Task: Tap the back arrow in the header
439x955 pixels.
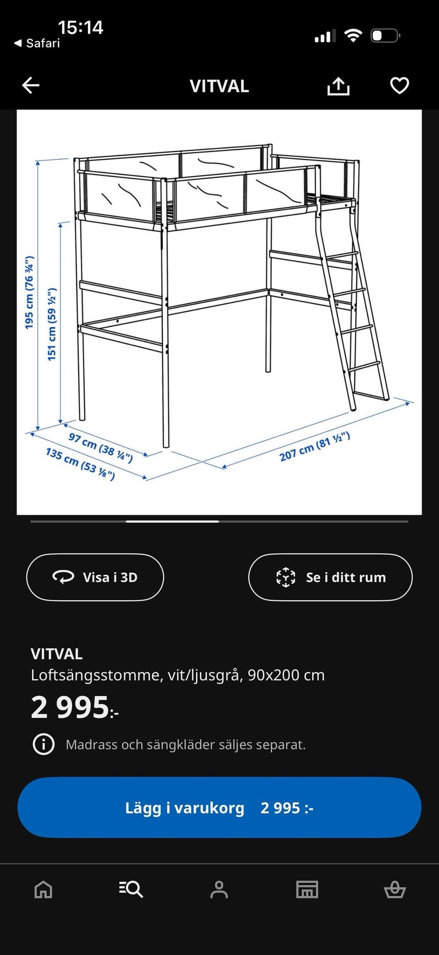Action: tap(31, 86)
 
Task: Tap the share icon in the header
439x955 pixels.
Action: tap(338, 86)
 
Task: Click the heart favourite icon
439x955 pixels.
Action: tap(399, 86)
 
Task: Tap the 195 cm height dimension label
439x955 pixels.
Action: tap(29, 292)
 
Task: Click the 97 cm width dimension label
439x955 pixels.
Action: tap(101, 447)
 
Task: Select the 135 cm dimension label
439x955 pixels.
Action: tap(80, 463)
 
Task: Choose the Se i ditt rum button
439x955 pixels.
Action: tap(330, 577)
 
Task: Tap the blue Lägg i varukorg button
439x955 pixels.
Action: tap(219, 808)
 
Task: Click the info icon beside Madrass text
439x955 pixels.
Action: tap(43, 745)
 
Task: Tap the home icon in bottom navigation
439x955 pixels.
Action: tap(43, 890)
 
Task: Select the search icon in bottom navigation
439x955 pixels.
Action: tap(131, 890)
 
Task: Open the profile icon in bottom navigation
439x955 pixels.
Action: tap(219, 890)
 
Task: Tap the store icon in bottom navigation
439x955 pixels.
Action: tap(307, 890)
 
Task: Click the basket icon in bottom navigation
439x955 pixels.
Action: tap(395, 890)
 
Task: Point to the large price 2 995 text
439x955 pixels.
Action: tap(71, 707)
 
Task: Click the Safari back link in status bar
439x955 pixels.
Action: tap(37, 43)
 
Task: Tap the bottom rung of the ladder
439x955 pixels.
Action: tap(364, 365)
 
